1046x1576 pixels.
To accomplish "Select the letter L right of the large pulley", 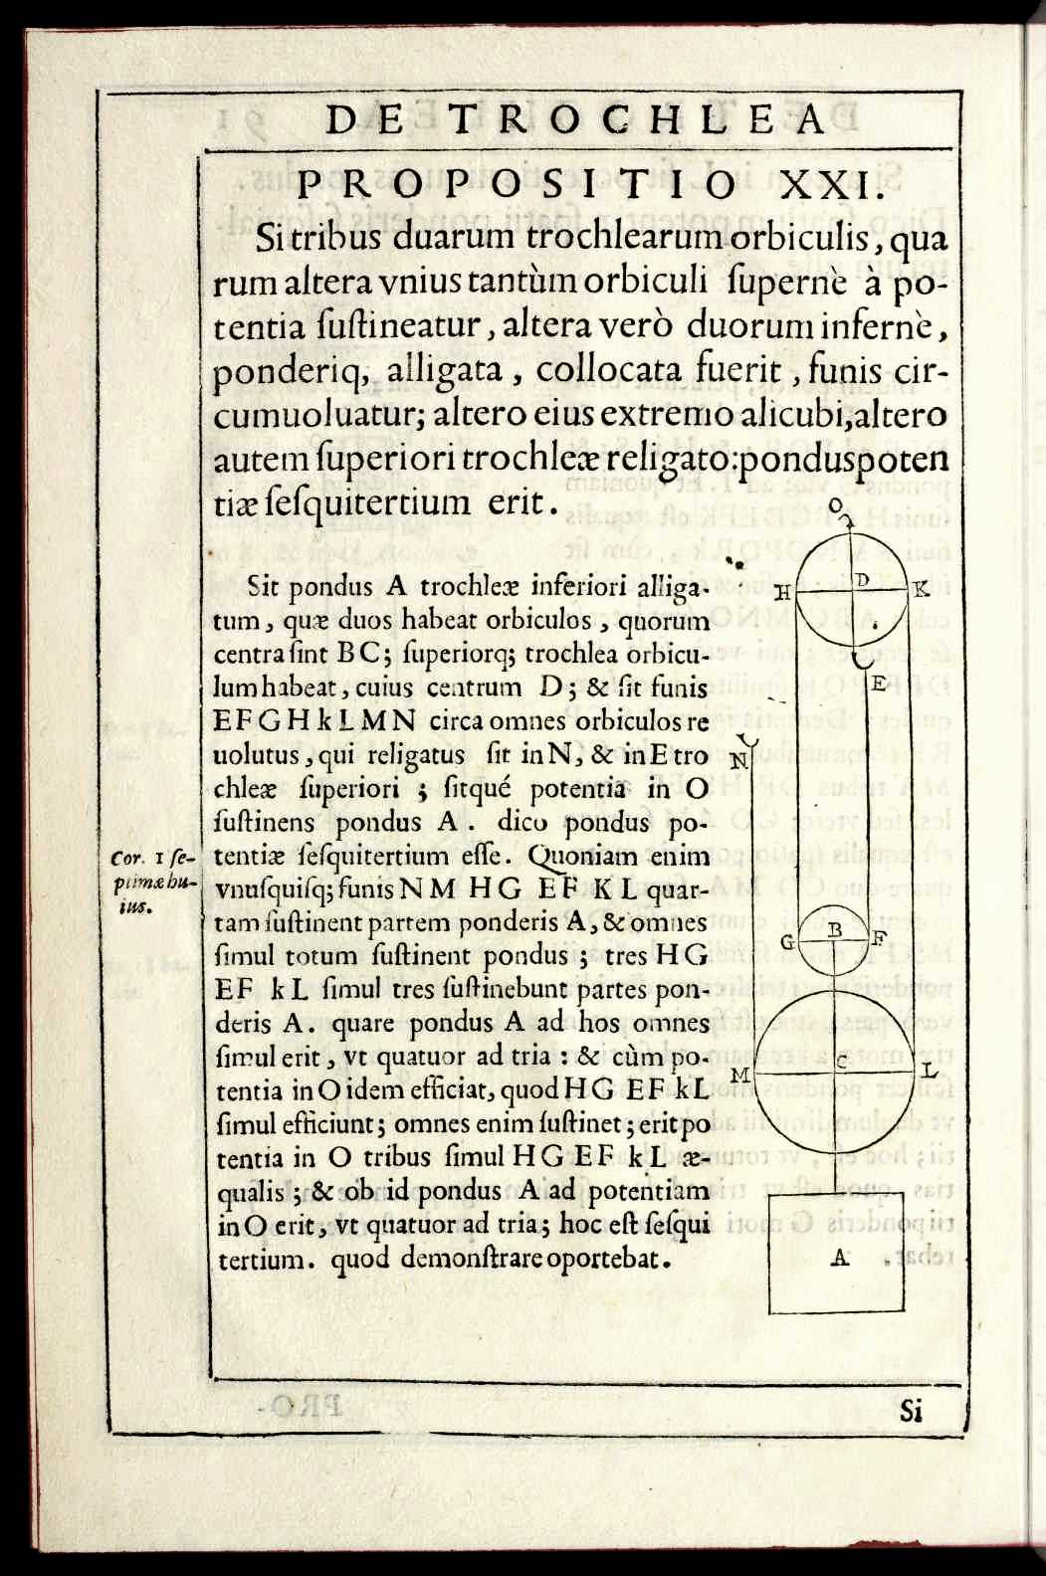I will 928,1072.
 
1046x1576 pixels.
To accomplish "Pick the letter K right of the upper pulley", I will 921,589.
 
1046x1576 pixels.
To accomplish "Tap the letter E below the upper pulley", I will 880,685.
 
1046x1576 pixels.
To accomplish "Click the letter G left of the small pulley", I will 787,940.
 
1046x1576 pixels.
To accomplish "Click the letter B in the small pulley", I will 836,928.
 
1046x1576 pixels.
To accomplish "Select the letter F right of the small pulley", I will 879,937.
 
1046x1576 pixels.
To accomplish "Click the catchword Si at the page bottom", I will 912,1410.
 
